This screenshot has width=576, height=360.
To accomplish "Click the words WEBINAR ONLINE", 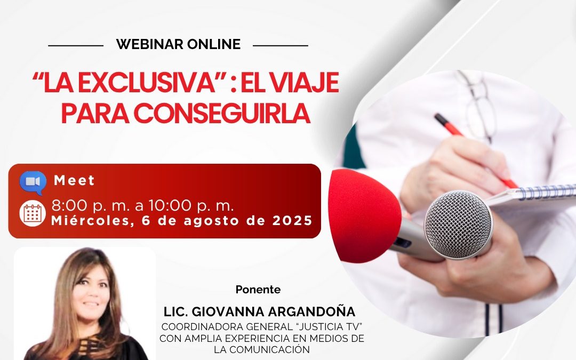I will tap(178, 45).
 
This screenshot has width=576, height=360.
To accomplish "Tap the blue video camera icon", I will tap(33, 182).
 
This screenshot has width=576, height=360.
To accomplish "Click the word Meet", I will tap(74, 181).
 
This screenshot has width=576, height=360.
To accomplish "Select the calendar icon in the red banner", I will tap(33, 213).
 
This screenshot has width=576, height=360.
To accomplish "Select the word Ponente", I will tap(258, 290).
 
